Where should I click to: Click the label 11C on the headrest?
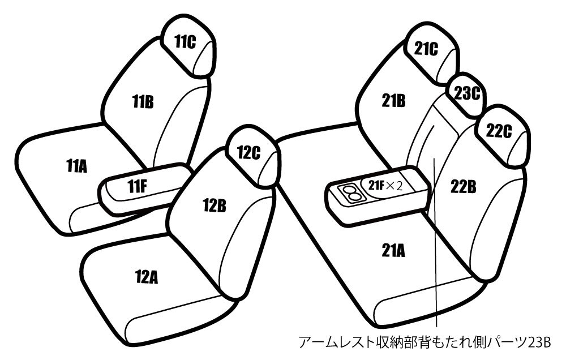pyautogui.click(x=185, y=42)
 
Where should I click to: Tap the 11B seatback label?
pyautogui.click(x=143, y=101)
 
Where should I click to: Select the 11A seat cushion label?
pyautogui.click(x=77, y=166)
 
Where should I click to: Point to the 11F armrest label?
pyautogui.click(x=137, y=186)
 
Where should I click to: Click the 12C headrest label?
pyautogui.click(x=248, y=152)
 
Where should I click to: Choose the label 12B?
pyautogui.click(x=215, y=205)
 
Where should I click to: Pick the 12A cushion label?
pyautogui.click(x=147, y=277)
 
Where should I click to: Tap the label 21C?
pyautogui.click(x=426, y=48)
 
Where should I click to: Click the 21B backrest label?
pyautogui.click(x=394, y=101)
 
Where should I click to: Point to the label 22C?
pyautogui.click(x=499, y=131)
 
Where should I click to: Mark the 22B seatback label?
pyautogui.click(x=463, y=186)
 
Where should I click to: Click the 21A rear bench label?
pyautogui.click(x=393, y=250)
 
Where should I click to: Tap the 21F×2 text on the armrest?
pyautogui.click(x=385, y=186)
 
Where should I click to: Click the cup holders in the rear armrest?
pyautogui.click(x=349, y=192)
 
